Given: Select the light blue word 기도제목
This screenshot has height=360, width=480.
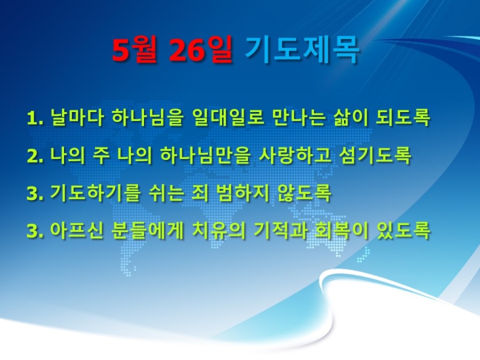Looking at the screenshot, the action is pos(302,51).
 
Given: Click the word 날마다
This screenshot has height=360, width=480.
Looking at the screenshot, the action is pos(76,117).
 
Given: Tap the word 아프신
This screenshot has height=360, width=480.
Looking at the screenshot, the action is pos(76,230).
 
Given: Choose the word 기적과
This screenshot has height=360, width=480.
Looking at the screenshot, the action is pos(280,230).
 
